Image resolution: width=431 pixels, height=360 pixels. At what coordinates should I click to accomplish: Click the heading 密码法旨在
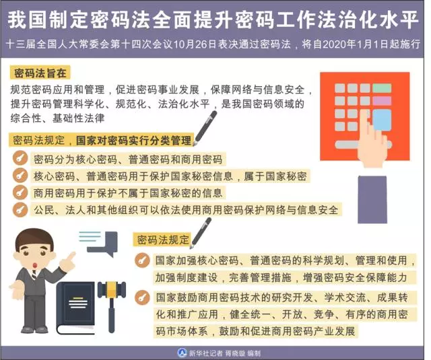tap(40, 73)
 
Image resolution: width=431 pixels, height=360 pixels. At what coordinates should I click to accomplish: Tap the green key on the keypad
tap(382, 88)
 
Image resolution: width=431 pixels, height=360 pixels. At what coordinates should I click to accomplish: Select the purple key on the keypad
tap(382, 101)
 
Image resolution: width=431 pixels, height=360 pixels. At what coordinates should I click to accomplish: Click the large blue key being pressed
tap(382, 120)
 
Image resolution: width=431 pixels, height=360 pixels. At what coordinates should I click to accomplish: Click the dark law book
tap(75, 308)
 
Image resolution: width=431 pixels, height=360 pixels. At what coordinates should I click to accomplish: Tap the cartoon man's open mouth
tap(36, 265)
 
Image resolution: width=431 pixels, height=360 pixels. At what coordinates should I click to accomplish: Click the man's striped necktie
tap(34, 275)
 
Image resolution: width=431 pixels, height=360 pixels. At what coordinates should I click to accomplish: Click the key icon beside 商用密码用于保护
tap(20, 192)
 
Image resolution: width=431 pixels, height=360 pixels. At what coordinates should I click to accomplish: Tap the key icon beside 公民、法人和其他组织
tap(20, 209)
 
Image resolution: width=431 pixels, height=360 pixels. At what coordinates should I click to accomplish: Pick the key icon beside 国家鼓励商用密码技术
tap(142, 297)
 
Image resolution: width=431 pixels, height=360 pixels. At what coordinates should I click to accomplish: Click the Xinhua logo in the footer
tap(182, 353)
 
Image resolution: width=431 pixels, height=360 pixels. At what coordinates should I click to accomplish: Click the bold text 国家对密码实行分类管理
tap(133, 141)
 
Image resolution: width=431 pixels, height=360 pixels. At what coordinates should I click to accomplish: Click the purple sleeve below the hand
tap(372, 200)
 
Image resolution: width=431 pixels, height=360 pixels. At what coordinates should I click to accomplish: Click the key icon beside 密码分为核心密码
tap(20, 158)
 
